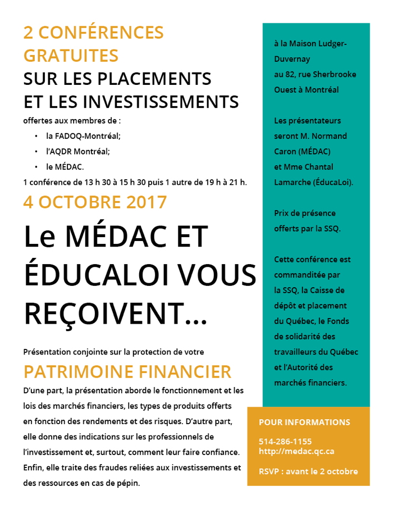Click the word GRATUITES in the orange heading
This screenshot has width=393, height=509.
[71, 56]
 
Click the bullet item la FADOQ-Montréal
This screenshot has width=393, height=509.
[83, 136]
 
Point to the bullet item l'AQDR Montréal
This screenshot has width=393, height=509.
[78, 151]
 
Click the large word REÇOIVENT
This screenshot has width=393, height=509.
[115, 313]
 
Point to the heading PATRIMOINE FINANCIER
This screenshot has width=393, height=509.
[127, 371]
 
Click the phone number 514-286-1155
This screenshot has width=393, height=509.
[285, 441]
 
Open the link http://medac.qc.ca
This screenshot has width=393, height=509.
[296, 451]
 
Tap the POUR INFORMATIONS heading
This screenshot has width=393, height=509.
[304, 422]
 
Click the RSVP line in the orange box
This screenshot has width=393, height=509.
[308, 471]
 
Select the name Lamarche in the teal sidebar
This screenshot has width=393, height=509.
[292, 182]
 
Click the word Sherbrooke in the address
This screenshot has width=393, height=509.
[335, 74]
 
